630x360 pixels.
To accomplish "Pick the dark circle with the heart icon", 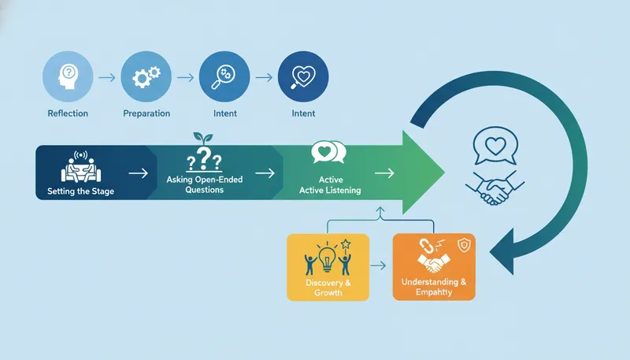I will point(304,77).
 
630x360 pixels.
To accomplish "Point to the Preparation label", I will point(146,113).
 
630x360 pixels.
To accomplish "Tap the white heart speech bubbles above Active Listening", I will point(328,151).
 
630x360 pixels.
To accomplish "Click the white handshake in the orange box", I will point(432,261).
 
